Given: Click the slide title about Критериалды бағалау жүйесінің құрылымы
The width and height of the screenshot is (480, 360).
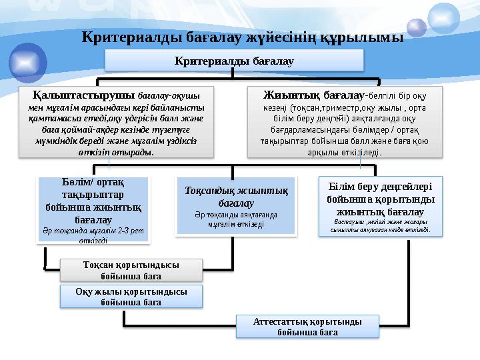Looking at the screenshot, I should pyautogui.click(x=242, y=36).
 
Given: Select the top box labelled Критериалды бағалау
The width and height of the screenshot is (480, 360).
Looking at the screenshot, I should pyautogui.click(x=235, y=61).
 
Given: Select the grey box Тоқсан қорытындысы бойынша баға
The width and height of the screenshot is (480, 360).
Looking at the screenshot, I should pyautogui.click(x=131, y=269).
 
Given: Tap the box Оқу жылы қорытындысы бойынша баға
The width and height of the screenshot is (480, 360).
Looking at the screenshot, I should pyautogui.click(x=131, y=296).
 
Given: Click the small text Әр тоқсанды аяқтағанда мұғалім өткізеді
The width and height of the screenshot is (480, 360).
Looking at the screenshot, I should pyautogui.click(x=235, y=219).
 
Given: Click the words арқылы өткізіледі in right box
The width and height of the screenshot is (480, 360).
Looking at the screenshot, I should pyautogui.click(x=344, y=152).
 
